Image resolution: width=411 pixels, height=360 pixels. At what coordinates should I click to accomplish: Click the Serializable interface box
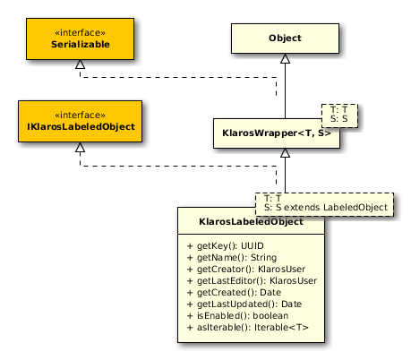(80, 39)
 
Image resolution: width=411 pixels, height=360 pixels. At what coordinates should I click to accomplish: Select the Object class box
(285, 39)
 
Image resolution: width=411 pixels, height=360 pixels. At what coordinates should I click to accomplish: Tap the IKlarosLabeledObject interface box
(80, 121)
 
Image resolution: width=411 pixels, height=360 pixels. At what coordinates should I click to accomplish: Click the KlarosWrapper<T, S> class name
(277, 133)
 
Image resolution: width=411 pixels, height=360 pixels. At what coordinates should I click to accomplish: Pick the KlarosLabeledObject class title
(251, 222)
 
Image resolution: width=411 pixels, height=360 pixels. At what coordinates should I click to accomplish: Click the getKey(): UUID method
(226, 246)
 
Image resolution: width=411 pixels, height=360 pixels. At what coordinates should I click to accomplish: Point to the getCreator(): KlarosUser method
(246, 270)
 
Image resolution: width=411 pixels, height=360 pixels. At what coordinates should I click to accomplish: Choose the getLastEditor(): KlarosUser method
(252, 281)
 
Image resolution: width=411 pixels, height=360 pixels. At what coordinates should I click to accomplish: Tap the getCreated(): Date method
(234, 293)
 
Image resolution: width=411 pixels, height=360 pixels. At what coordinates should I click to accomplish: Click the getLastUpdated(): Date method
(244, 304)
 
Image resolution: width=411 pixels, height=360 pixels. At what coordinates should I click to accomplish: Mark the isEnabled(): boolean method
(237, 316)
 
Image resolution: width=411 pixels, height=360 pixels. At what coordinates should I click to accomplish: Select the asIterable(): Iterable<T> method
(248, 328)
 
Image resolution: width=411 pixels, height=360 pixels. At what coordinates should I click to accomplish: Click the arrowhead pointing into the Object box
(285, 58)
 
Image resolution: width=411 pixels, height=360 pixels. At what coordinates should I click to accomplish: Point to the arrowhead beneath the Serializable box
(80, 64)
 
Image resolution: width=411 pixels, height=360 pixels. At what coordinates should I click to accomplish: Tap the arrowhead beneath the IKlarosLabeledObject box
(80, 147)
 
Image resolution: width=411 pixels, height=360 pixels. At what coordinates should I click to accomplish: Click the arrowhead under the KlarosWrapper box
(285, 152)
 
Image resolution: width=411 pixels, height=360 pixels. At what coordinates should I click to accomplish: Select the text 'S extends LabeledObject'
(331, 207)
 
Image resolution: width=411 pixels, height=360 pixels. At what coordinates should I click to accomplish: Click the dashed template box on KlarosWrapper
(339, 116)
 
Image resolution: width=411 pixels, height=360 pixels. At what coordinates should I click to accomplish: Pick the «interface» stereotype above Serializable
(80, 32)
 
